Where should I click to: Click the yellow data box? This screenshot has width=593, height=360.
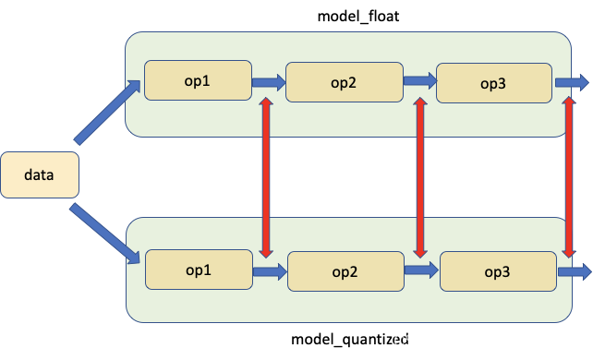coord(39,174)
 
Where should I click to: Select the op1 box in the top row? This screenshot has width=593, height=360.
coord(198,80)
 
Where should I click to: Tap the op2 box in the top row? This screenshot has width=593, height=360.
coord(344,82)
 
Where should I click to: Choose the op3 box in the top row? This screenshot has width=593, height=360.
coord(494,83)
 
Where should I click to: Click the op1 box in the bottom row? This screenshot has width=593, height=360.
coord(199,270)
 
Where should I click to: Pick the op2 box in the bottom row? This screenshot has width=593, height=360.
coord(345,271)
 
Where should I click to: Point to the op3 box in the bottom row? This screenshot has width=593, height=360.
coord(498,271)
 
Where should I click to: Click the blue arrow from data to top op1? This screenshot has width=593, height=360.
coord(106,113)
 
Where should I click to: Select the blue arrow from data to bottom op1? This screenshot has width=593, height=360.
coord(106,233)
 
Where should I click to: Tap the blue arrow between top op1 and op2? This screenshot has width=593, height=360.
coord(269,82)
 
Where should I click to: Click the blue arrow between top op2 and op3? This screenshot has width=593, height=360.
coord(419,82)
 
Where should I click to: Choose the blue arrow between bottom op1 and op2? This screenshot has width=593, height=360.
coord(270,271)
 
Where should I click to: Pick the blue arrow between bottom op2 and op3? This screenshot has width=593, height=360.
coord(421,270)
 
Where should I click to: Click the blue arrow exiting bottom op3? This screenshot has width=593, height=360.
coord(574,271)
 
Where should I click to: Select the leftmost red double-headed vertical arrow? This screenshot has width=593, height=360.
coord(266,177)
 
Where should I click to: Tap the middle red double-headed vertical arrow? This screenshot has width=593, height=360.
coord(420,177)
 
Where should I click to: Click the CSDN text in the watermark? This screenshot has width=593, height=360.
coord(413,341)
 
